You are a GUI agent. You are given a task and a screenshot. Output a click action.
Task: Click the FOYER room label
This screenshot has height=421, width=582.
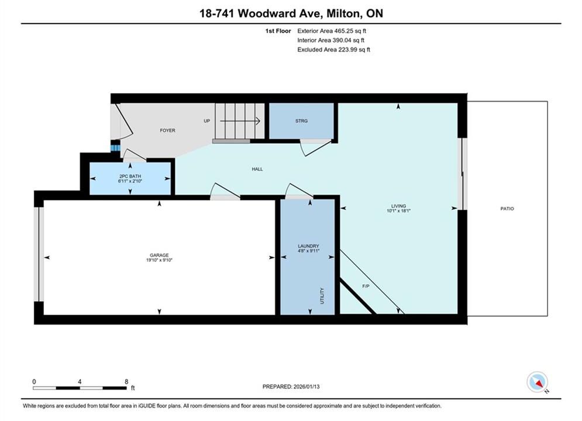[x=167, y=130]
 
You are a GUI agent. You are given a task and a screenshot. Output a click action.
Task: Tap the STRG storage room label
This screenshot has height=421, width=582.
[x=301, y=121]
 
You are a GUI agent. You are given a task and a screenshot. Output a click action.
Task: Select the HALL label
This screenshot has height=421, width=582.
[x=257, y=169]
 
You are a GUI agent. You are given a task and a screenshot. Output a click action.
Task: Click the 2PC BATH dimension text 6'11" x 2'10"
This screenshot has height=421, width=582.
[x=130, y=181]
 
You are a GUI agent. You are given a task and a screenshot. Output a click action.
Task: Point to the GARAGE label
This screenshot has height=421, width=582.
[x=159, y=255]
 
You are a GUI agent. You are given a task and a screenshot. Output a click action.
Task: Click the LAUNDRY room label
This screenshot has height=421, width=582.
[x=308, y=246]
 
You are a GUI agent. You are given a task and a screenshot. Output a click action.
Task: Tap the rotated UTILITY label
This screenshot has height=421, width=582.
[x=322, y=296]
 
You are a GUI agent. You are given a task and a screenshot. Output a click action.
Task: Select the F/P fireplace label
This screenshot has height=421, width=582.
[x=366, y=287]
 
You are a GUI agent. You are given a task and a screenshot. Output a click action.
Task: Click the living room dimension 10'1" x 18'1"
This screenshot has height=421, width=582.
[x=399, y=210]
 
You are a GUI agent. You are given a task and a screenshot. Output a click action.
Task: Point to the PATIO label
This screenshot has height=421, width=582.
[x=507, y=209]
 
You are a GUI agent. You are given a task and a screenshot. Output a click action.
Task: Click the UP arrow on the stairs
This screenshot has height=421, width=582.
[x=240, y=121]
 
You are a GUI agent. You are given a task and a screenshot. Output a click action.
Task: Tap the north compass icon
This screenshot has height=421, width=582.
[x=537, y=382]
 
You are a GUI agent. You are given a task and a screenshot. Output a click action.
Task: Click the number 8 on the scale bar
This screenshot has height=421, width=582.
[x=126, y=381]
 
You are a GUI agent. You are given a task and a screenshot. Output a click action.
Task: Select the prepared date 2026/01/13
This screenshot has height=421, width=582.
[x=307, y=387]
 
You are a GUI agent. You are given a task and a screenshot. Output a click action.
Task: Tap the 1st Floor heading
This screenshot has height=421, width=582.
[x=278, y=31]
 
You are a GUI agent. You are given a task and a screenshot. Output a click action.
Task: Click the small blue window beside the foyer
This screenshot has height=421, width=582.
[x=115, y=147]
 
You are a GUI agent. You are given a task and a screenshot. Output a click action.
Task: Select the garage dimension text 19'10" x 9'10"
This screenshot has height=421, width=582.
[x=159, y=260]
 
